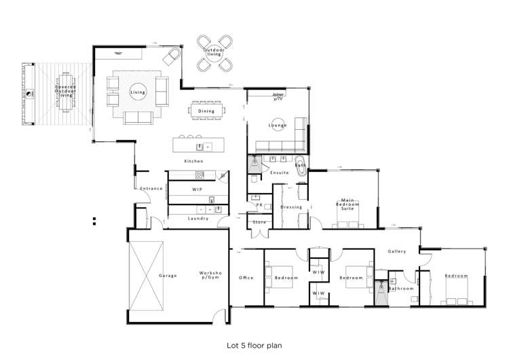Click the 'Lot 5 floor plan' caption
pyautogui.click(x=254, y=344)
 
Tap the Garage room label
pyautogui.click(x=168, y=275)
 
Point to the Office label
pyautogui.click(x=246, y=277)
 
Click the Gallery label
pyautogui.click(x=397, y=251)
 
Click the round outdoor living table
pyautogui.click(x=213, y=54)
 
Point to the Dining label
pyautogui.click(x=206, y=111)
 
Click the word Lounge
pyautogui.click(x=278, y=126)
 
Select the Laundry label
pyautogui.click(x=197, y=218)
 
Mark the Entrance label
pyautogui.click(x=151, y=188)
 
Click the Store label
pyautogui.click(x=259, y=221)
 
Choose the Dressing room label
pyautogui.click(x=291, y=206)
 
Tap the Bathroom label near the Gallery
pyautogui.click(x=401, y=289)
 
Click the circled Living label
pyautogui.click(x=138, y=92)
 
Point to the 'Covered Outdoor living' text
pyautogui.click(x=66, y=92)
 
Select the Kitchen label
pyautogui.click(x=194, y=161)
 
